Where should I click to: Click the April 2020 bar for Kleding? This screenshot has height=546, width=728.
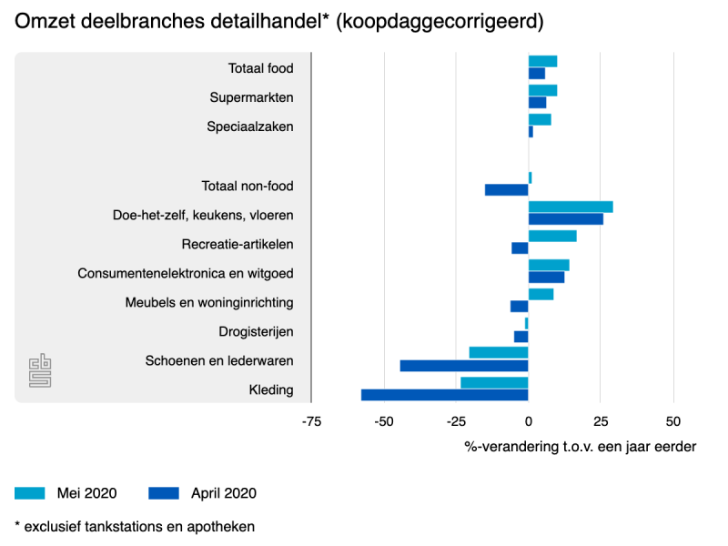tap(445, 395)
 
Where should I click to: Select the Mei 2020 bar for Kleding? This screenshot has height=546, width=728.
tap(494, 382)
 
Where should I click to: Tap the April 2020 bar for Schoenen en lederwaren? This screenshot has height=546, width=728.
tap(464, 366)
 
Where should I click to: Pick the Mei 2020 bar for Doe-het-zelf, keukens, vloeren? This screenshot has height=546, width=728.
tap(571, 207)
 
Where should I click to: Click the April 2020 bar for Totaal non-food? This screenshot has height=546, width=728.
tap(507, 190)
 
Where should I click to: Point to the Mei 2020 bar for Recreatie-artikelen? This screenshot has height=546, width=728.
tap(552, 236)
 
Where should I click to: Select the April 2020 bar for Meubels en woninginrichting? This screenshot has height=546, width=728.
tap(520, 307)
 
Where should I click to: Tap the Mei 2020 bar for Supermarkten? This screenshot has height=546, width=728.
tap(542, 90)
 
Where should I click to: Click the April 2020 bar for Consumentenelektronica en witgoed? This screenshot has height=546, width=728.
tap(546, 278)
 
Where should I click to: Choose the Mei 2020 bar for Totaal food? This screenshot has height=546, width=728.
tap(542, 61)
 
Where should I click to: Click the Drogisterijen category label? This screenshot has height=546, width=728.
tap(256, 331)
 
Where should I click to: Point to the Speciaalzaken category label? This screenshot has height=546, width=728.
tap(250, 126)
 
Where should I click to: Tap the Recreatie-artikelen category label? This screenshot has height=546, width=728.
tap(238, 244)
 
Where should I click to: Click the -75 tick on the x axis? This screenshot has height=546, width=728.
tap(311, 421)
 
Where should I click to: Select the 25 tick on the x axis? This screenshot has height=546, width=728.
tap(601, 421)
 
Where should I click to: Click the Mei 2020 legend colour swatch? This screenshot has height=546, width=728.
tap(29, 493)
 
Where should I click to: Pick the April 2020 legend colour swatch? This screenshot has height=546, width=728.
tap(163, 493)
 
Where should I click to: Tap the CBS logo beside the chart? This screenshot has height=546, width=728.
tap(39, 370)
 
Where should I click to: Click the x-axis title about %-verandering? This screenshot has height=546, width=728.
tap(581, 447)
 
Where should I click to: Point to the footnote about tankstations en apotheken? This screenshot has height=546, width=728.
tap(135, 526)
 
